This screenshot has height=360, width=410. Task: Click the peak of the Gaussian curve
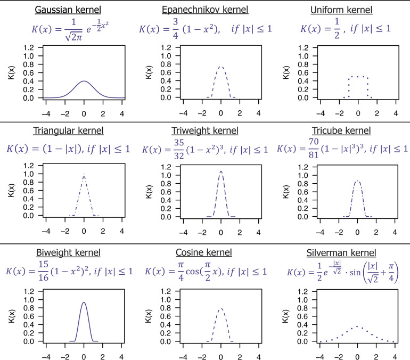pyautogui.click(x=84, y=81)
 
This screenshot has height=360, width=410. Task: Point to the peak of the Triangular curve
pyautogui.click(x=84, y=174)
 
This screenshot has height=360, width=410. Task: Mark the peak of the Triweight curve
pyautogui.click(x=220, y=171)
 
